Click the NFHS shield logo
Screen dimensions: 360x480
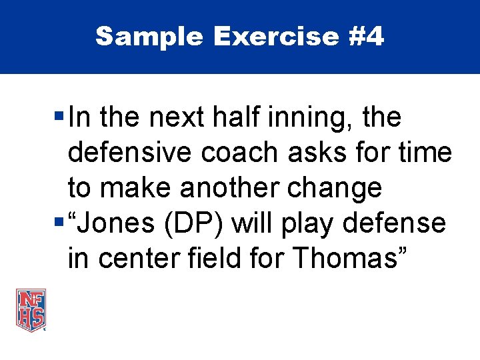tap(31, 309)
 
